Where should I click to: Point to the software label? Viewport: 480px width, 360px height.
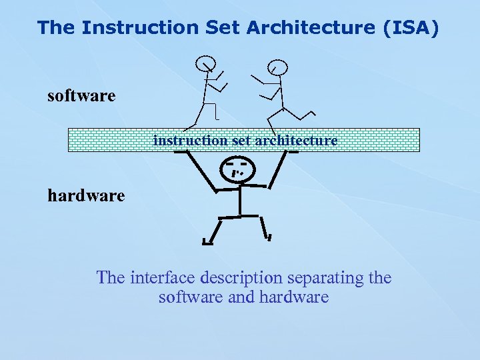81,96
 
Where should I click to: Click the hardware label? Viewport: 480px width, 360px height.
86,196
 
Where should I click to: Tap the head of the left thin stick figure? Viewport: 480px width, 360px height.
205,63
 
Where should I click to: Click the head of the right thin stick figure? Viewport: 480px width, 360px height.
277,67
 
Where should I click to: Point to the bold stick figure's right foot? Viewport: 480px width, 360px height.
269,235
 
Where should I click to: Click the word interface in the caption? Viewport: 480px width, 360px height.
161,277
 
